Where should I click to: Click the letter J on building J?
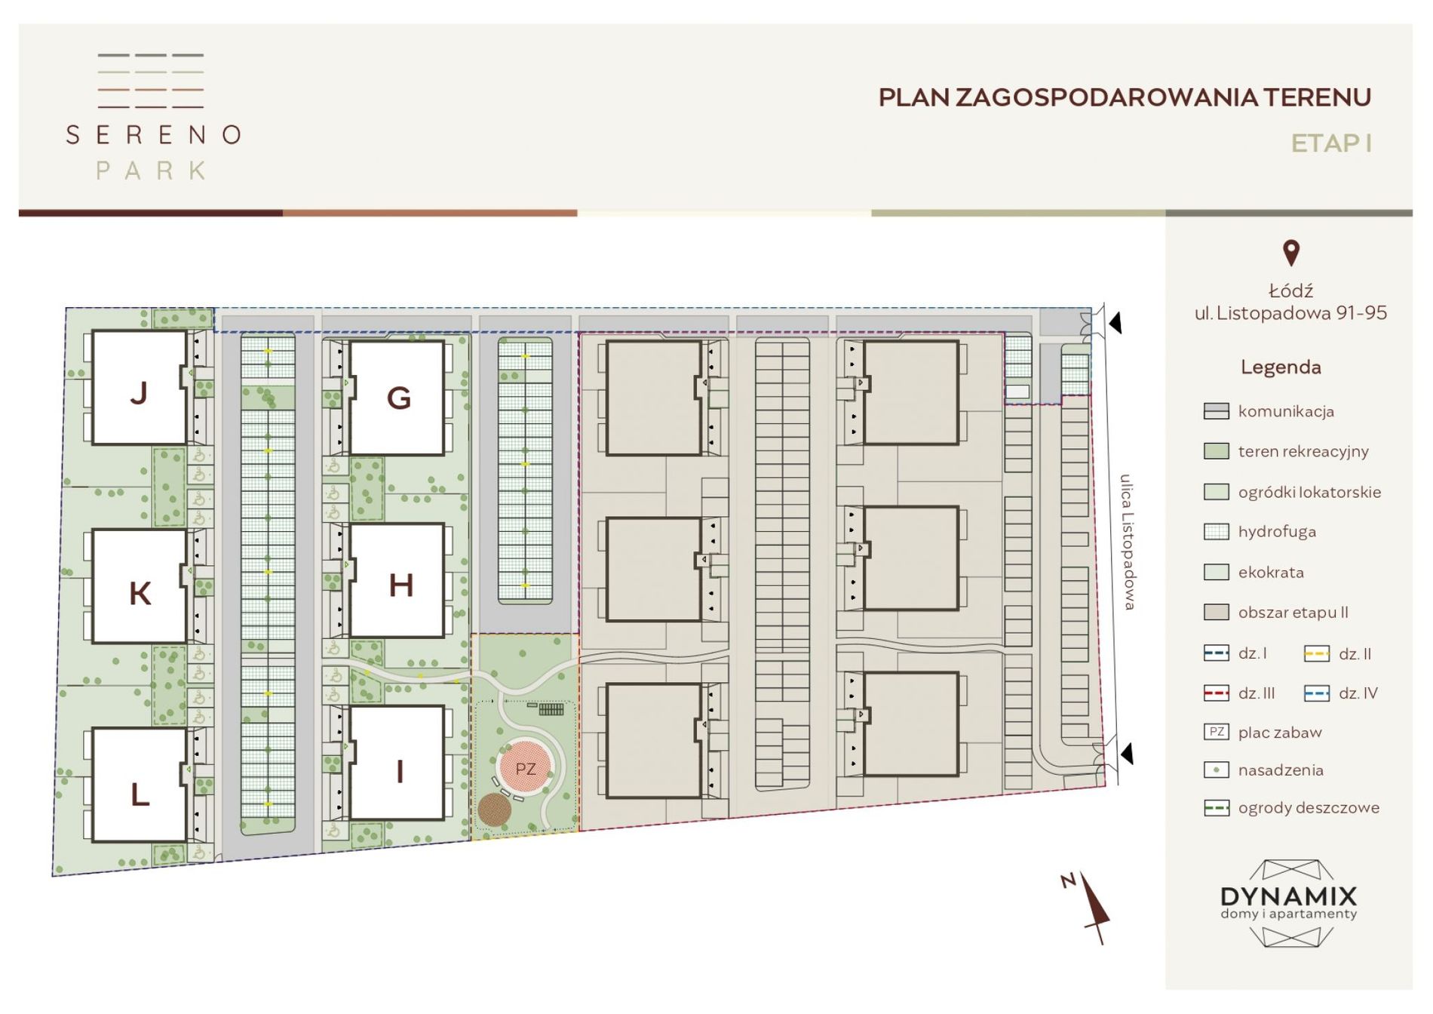click(139, 393)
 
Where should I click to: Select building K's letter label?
click(140, 594)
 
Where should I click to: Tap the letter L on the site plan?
click(140, 794)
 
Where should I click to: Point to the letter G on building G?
click(399, 398)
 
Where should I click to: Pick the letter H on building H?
click(400, 585)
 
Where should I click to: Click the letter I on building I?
click(400, 771)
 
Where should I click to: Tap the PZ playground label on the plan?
click(526, 769)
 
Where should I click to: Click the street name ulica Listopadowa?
click(1128, 542)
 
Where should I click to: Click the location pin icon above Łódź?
click(1291, 253)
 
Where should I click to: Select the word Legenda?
click(1281, 367)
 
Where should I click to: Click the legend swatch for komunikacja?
click(1217, 411)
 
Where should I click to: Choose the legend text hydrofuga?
click(1277, 532)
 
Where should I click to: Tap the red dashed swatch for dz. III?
click(1217, 693)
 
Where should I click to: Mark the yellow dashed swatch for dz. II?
click(1317, 653)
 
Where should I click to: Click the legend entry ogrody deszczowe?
click(1309, 808)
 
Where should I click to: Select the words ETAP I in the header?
click(1331, 143)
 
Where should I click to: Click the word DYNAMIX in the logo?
click(1289, 896)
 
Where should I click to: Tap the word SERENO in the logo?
click(154, 135)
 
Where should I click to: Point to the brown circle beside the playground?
click(495, 810)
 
